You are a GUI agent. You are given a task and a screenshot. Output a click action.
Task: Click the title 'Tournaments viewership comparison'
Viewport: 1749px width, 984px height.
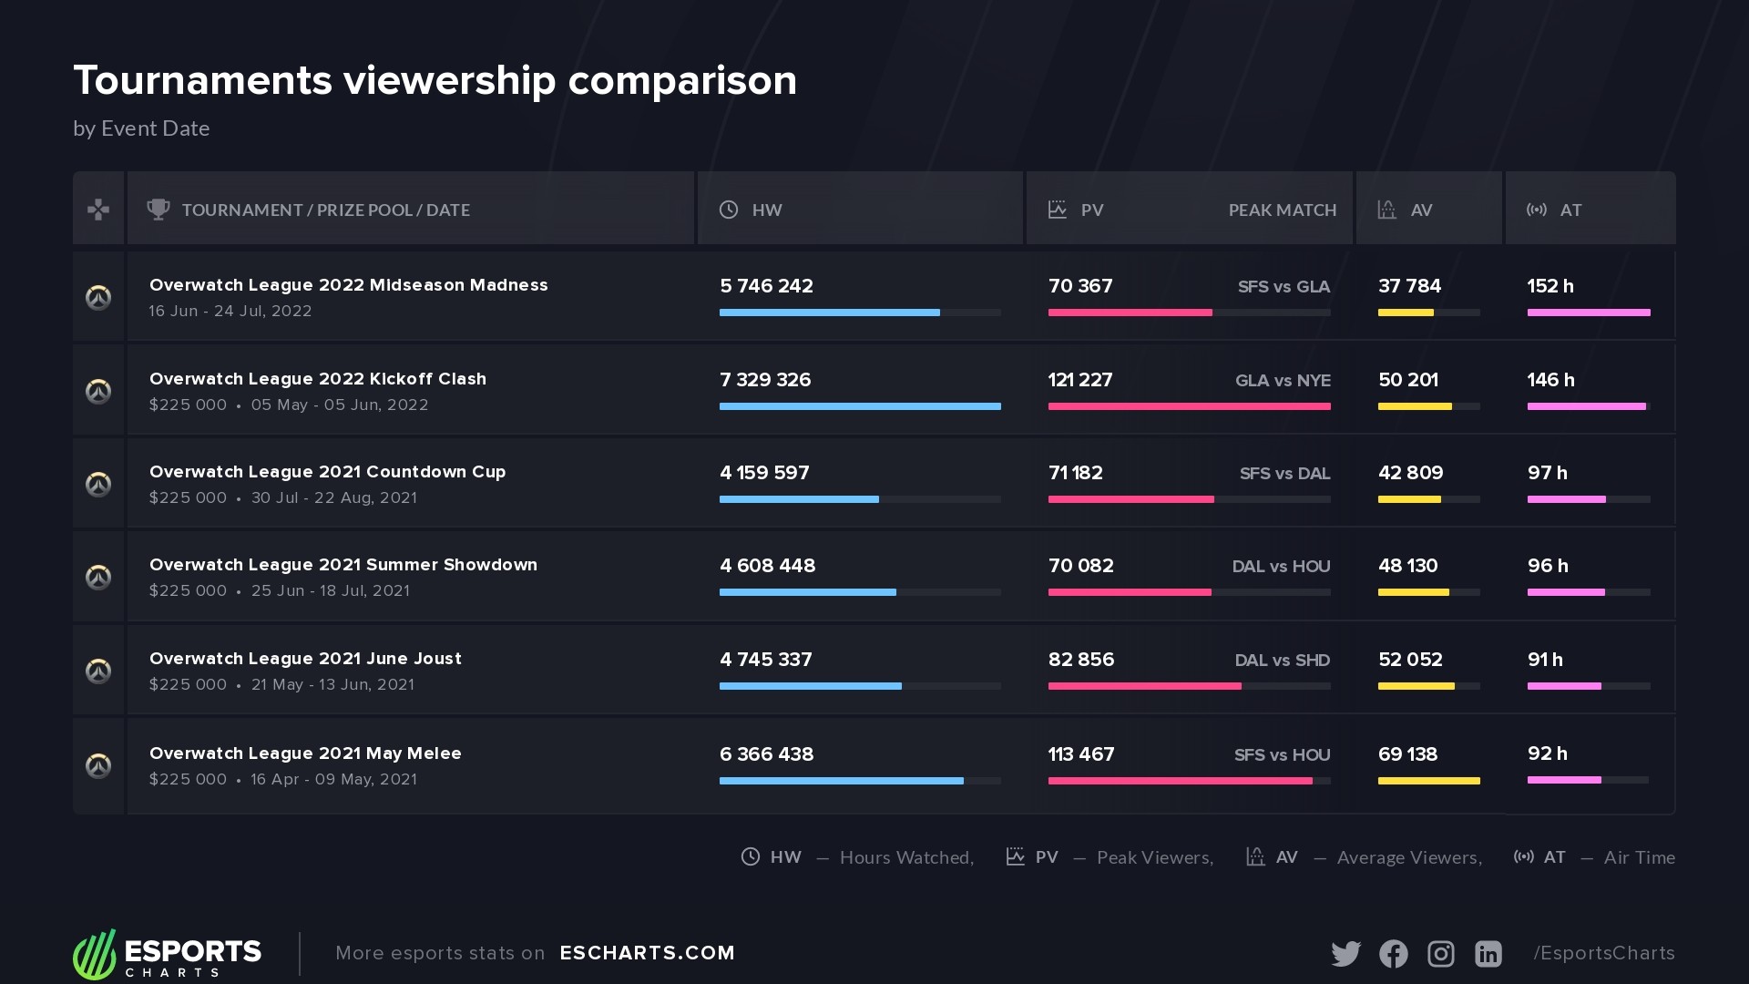(x=435, y=81)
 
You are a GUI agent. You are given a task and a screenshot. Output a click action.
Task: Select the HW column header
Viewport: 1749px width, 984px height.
(x=766, y=210)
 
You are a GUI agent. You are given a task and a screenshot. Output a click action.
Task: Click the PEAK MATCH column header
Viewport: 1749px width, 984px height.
(x=1282, y=210)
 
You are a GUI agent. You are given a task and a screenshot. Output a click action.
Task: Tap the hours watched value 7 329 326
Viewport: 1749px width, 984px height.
(x=764, y=380)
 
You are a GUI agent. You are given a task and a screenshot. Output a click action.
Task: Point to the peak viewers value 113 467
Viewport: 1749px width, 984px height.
(x=1080, y=754)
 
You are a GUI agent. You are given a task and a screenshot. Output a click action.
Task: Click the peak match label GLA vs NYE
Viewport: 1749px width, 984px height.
(x=1282, y=381)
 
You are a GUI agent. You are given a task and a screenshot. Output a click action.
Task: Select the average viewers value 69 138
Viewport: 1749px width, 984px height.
(x=1407, y=754)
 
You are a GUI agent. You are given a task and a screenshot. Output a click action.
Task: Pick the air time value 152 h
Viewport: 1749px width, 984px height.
(x=1550, y=286)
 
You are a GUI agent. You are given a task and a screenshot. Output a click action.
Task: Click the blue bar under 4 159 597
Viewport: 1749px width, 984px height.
(x=799, y=499)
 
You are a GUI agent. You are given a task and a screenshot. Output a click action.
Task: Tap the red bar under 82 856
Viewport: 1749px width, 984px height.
(x=1144, y=686)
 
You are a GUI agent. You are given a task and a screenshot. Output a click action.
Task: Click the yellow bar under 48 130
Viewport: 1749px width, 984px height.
(x=1413, y=592)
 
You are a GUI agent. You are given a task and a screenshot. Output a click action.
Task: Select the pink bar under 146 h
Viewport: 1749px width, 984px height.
(x=1586, y=406)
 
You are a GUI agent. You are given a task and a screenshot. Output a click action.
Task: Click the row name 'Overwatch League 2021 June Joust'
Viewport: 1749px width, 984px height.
(x=305, y=659)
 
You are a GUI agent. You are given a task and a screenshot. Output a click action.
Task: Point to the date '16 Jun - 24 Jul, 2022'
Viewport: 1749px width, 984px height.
(x=230, y=311)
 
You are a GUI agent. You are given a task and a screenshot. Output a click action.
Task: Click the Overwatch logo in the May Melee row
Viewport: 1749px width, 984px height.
(x=98, y=765)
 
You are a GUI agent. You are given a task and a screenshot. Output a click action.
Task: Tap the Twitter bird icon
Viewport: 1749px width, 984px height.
(x=1345, y=953)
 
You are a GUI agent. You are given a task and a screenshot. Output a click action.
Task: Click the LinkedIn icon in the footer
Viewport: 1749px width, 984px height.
(x=1488, y=953)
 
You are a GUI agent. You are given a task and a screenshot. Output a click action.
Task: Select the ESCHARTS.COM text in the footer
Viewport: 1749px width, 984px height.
(x=647, y=953)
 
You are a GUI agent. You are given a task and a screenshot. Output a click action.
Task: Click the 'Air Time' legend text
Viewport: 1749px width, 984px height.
(x=1639, y=857)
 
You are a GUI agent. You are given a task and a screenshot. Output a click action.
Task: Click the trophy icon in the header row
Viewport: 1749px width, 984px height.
(x=159, y=210)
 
